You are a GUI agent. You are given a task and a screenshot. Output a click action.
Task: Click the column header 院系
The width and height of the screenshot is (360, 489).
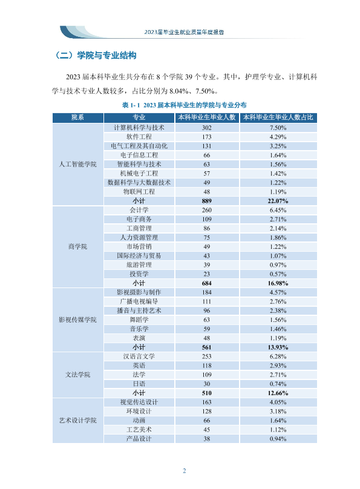click(x=77, y=117)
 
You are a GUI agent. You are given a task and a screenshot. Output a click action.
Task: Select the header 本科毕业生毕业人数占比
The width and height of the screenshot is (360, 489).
click(x=278, y=117)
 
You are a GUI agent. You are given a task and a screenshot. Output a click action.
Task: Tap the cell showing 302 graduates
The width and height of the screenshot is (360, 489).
click(x=207, y=128)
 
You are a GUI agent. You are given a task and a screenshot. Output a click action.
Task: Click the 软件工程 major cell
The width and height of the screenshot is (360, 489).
click(x=139, y=137)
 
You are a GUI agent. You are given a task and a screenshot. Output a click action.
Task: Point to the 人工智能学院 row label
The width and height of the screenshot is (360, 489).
click(x=78, y=164)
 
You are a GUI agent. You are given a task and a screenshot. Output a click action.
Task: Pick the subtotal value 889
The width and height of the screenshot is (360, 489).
click(x=207, y=201)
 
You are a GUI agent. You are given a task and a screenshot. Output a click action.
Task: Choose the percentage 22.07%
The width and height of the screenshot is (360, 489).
click(x=278, y=201)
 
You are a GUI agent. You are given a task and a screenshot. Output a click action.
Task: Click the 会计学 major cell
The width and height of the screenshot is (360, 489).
click(x=139, y=210)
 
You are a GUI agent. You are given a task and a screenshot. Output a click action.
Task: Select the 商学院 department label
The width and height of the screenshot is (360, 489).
click(x=78, y=246)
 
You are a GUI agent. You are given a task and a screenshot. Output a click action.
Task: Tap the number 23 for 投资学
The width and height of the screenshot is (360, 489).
click(x=207, y=274)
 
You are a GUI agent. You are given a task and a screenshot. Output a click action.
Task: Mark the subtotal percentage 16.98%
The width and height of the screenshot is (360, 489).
click(x=278, y=283)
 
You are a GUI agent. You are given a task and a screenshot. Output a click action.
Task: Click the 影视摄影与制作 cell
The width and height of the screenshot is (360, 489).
click(x=139, y=292)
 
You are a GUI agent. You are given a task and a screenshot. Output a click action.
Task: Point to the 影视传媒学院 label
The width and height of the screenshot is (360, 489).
click(x=78, y=320)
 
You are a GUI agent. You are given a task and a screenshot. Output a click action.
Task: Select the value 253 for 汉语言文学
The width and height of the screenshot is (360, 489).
click(x=207, y=356)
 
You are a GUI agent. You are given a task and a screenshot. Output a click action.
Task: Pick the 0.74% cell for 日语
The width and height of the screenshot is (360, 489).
click(x=278, y=384)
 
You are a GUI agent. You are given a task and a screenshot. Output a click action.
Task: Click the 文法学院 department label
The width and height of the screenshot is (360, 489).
click(x=78, y=375)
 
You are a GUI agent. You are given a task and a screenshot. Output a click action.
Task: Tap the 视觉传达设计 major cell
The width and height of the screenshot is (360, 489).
click(x=139, y=402)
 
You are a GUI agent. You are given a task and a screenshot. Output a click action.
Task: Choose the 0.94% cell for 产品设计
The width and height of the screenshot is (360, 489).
click(x=278, y=439)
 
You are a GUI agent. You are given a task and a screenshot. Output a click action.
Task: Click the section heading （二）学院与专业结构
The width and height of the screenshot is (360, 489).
click(x=96, y=56)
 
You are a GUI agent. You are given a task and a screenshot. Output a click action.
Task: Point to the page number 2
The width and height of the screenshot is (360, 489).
click(x=184, y=471)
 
